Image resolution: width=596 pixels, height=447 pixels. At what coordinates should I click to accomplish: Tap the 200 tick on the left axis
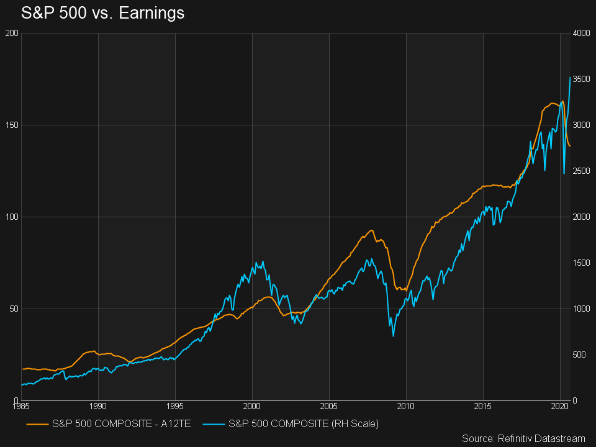11,33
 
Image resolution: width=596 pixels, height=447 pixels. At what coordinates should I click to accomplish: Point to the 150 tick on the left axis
11,125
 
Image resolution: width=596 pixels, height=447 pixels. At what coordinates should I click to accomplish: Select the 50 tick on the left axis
12,309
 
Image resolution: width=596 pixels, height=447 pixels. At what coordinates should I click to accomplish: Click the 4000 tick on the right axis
582,33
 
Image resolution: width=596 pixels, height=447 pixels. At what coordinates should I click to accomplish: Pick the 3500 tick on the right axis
582,79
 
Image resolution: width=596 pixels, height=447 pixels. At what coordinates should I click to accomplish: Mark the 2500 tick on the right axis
582,171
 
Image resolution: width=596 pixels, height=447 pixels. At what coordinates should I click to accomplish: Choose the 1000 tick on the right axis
582,309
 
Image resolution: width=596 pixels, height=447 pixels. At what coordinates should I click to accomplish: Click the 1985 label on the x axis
21,407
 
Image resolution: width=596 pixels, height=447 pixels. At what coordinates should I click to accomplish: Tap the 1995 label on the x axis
175,407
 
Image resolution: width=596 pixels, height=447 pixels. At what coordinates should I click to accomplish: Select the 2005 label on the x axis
329,407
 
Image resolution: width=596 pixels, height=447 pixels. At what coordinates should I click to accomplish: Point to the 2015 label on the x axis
483,407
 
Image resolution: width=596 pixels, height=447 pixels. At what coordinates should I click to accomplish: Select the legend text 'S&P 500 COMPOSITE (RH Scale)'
304,423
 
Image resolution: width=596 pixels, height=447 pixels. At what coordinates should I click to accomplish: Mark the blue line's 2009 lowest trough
393,336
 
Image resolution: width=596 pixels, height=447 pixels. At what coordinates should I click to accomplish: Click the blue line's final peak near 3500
570,77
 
